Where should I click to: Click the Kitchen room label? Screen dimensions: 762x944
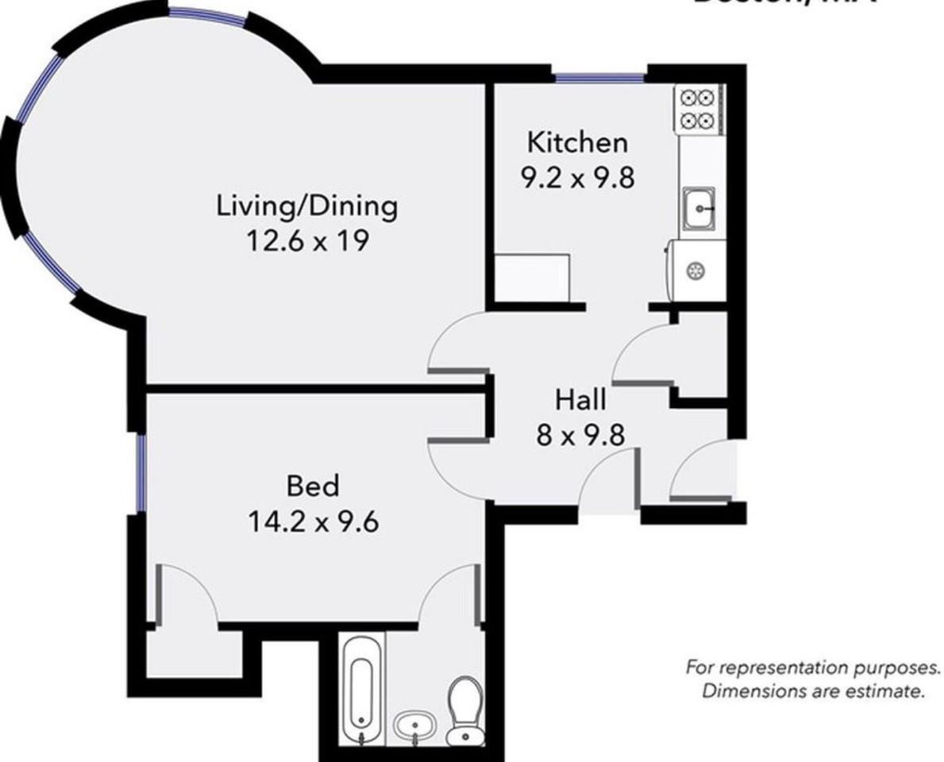click(577, 143)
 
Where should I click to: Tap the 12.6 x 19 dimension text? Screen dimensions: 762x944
click(307, 240)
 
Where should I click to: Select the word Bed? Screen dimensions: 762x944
click(313, 484)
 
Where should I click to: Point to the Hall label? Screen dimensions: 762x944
click(580, 399)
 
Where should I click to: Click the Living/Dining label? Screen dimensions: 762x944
click(307, 206)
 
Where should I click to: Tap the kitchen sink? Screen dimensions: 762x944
click(698, 209)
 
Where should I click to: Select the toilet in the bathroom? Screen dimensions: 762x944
click(464, 708)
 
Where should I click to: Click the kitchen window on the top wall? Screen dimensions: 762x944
click(599, 78)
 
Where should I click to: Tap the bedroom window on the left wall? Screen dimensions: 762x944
click(140, 474)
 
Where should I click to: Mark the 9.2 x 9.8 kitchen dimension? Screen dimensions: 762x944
click(577, 177)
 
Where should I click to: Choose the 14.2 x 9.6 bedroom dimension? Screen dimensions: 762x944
click(313, 521)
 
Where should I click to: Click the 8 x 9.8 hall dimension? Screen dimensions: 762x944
click(580, 434)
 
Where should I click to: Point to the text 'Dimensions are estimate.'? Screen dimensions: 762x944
click(813, 691)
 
